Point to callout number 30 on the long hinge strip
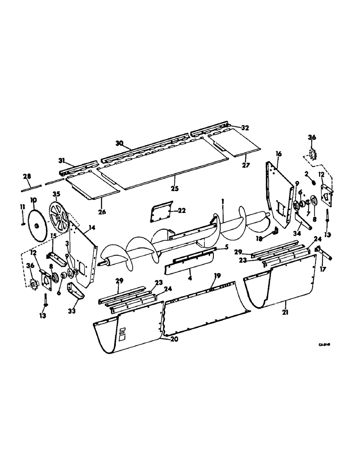[119, 144]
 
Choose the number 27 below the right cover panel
[246, 164]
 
